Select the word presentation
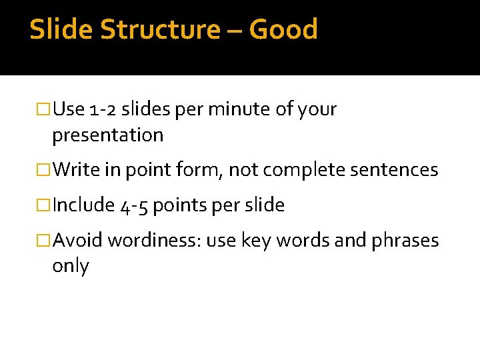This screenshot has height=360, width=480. tap(107, 135)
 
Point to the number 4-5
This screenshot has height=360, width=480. tap(134, 205)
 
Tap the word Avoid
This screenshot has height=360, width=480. tap(77, 240)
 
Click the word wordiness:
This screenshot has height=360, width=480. tap(154, 240)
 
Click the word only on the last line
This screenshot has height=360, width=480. tap(70, 266)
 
